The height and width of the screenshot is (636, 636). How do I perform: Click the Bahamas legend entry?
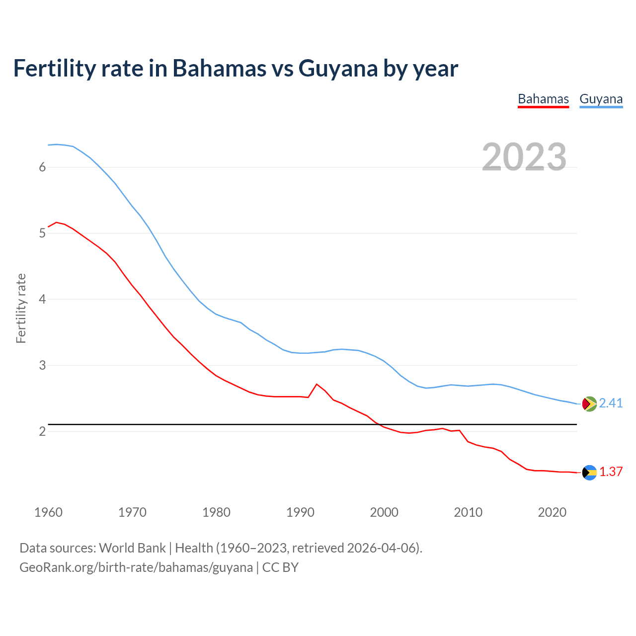[543, 99]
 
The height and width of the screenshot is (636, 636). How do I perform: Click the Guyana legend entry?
[601, 99]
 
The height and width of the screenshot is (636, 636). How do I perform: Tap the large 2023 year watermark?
[524, 157]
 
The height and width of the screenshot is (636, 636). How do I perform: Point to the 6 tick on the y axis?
[42, 167]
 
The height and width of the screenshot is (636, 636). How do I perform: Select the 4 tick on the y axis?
[42, 299]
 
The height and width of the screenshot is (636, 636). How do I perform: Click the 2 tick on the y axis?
[42, 431]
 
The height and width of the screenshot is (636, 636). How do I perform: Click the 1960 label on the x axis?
[48, 512]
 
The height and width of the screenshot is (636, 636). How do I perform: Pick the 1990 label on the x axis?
[300, 512]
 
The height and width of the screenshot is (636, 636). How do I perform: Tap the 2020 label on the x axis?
[552, 512]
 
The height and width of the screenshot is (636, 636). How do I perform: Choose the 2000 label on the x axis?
[384, 512]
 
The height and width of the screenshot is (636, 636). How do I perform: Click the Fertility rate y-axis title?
[21, 308]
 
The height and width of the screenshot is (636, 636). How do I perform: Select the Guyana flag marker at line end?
[589, 403]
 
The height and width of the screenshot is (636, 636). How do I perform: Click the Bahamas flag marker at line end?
[589, 473]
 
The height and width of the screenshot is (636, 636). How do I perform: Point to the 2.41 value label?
[611, 403]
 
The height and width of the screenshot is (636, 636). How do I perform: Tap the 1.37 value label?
[611, 472]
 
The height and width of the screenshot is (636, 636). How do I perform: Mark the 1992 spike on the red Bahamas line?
[317, 384]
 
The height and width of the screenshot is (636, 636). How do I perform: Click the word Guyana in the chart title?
[338, 69]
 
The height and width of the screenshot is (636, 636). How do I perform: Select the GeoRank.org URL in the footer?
[136, 567]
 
